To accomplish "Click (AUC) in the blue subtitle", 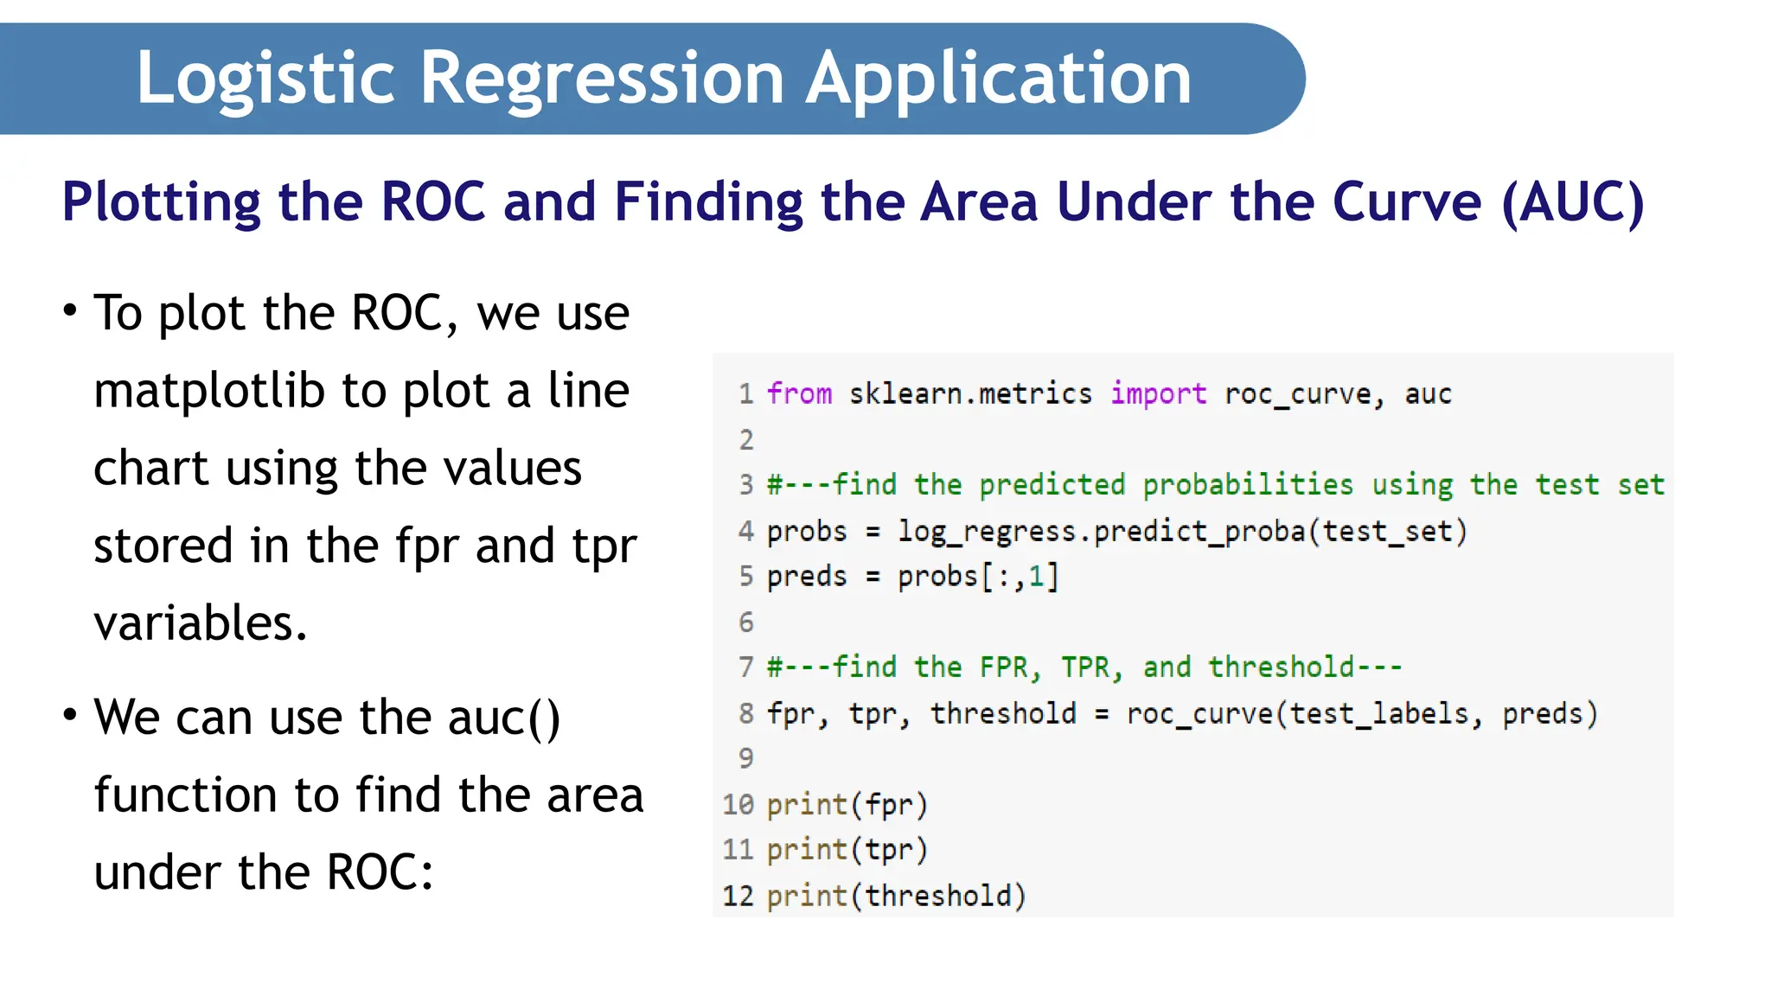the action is [x=1573, y=202].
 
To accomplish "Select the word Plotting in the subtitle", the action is [x=161, y=202].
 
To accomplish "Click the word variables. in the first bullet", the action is [x=201, y=622].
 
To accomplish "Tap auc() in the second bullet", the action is [x=504, y=718].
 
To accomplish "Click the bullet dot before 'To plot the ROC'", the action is [x=70, y=310].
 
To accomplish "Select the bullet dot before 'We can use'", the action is [x=70, y=714].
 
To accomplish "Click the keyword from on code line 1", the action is [x=799, y=394].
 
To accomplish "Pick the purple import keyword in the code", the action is [x=1158, y=394].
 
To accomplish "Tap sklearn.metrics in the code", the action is [x=970, y=394].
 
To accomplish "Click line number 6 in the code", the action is [x=746, y=622].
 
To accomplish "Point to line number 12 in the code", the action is [x=738, y=896].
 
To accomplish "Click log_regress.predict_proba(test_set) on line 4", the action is [x=1182, y=531].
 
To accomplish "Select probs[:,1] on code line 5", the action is [x=977, y=577].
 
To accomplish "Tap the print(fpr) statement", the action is [x=847, y=805].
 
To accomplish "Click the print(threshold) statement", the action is [x=896, y=896].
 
